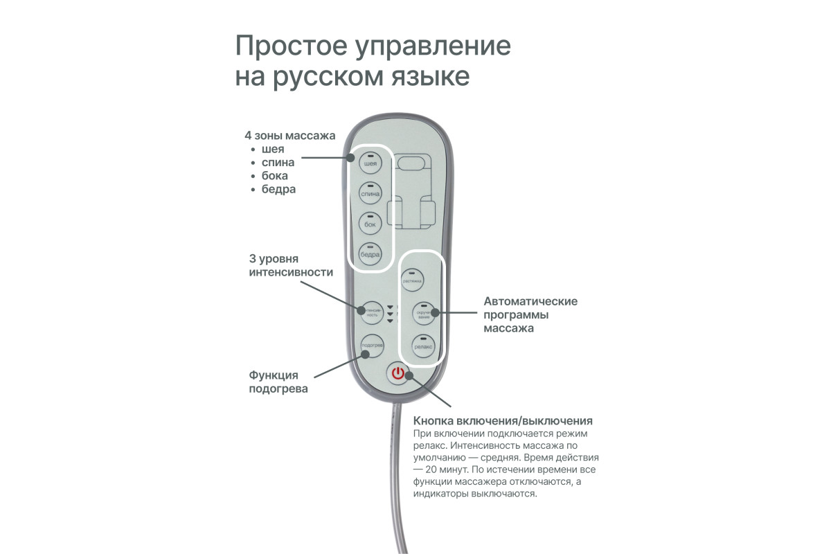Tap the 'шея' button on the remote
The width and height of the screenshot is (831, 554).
point(370,164)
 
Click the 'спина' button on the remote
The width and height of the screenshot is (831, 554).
point(370,195)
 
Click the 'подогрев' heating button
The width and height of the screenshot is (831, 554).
point(373,344)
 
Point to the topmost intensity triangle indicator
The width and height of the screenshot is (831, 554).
point(390,307)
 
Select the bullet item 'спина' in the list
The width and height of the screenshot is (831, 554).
point(278,163)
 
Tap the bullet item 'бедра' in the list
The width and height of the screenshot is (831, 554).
point(278,189)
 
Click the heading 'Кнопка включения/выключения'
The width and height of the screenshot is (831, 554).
point(503,421)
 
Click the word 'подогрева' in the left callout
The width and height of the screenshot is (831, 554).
point(278,389)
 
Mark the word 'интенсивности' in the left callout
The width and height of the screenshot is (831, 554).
point(291,272)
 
